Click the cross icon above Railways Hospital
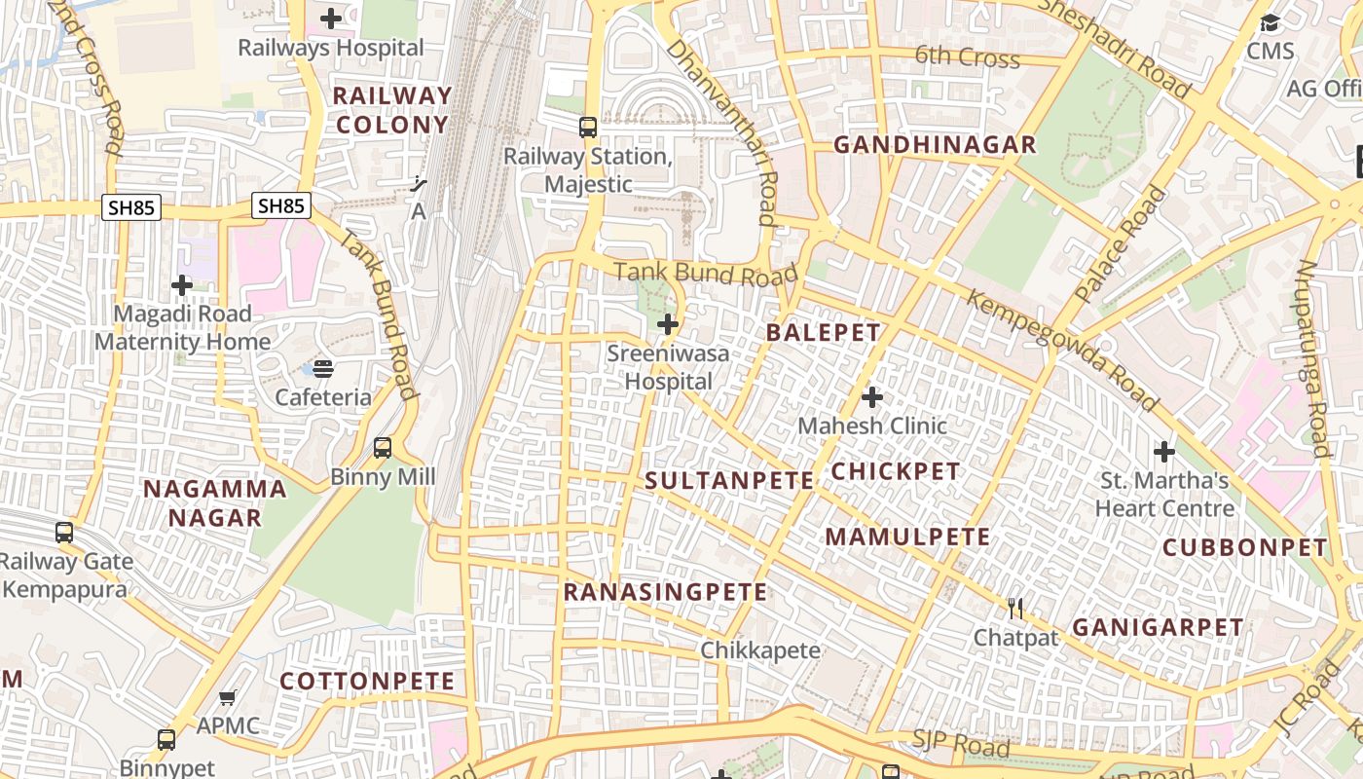tap(331, 19)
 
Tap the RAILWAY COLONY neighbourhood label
tap(392, 110)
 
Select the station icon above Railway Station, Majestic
tap(588, 128)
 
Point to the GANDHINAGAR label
tap(935, 145)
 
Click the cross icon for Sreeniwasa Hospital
tap(668, 324)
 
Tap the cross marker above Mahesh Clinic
tap(872, 397)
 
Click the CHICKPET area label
tap(895, 471)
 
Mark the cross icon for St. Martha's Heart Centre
tap(1164, 452)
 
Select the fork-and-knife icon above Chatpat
tap(1016, 610)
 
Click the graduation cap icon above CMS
tap(1270, 23)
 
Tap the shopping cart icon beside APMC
tap(228, 697)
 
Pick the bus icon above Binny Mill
tap(383, 448)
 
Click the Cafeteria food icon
tap(323, 369)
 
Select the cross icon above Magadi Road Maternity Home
tap(182, 285)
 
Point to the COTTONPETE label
tap(367, 681)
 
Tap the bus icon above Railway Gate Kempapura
tap(64, 533)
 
